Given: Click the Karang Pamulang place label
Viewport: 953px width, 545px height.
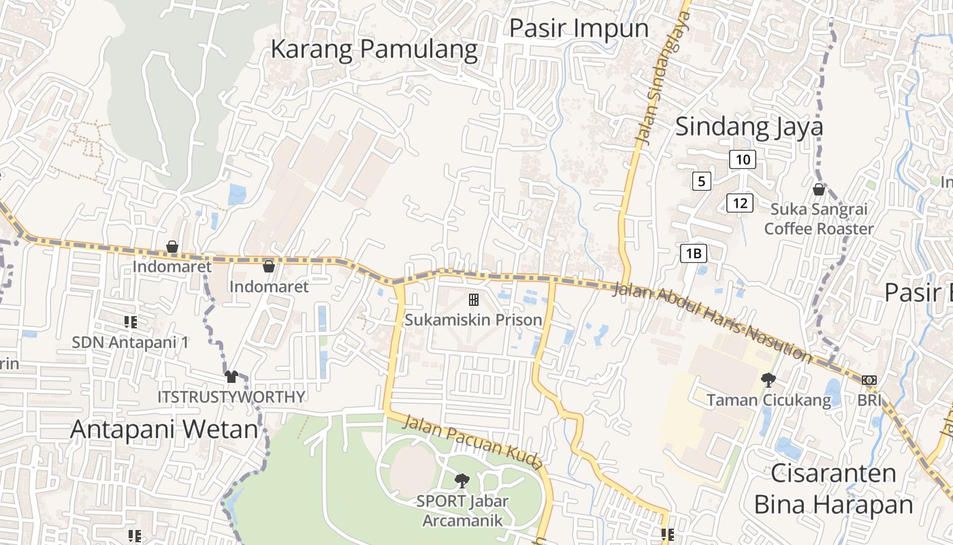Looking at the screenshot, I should point(374,49).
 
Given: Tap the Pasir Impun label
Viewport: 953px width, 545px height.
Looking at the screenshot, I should point(579,28).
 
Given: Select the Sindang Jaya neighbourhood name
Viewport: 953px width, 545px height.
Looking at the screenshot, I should point(749,127).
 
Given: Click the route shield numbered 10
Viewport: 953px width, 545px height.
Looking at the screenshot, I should point(743,159).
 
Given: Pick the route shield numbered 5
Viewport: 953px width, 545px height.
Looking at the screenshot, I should point(702,181).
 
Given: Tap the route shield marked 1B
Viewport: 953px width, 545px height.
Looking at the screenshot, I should point(694,253).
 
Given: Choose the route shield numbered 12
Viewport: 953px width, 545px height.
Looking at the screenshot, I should point(740,202).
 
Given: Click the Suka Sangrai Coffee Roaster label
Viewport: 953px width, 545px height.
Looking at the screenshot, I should point(818,219).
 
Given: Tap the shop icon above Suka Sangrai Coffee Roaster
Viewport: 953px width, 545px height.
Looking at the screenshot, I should point(818,189).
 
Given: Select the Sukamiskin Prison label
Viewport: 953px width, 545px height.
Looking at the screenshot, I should point(473,320).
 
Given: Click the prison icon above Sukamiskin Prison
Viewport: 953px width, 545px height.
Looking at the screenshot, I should point(473,299).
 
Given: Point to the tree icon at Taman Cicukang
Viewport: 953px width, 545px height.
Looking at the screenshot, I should point(769,379).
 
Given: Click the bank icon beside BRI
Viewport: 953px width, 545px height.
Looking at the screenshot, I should point(869,380).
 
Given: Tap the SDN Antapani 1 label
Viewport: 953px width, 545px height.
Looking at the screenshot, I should point(130,342).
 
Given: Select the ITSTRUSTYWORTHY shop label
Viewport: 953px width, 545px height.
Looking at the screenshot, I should point(231,396).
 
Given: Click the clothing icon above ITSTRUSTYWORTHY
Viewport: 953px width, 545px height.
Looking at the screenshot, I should point(231,376).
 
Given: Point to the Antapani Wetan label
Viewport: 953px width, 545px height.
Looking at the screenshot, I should point(165,430).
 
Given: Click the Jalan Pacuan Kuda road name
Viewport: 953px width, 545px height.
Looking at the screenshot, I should point(474,443).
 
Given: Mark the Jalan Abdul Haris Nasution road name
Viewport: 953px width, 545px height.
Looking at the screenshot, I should point(712,322).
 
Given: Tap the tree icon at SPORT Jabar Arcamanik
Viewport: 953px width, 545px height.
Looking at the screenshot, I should point(462,480).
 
